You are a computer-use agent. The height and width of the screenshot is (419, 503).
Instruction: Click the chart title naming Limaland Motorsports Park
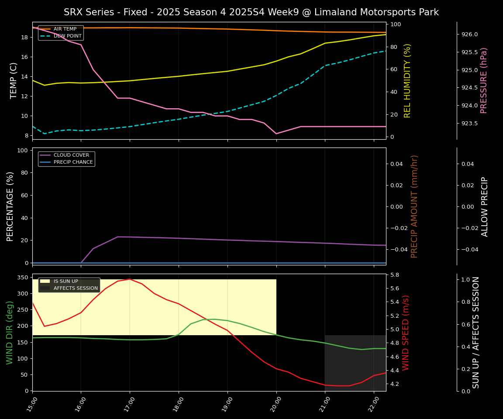(x=251, y=12)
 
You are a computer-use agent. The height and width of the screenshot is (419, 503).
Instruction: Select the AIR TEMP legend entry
(x=65, y=29)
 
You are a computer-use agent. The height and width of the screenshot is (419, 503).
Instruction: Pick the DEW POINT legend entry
(x=65, y=36)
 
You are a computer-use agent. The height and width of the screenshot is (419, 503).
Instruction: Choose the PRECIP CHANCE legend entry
(x=73, y=162)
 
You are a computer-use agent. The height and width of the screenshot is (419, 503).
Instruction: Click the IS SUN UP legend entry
(x=65, y=282)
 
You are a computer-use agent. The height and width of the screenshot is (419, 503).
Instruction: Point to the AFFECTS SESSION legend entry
(x=76, y=288)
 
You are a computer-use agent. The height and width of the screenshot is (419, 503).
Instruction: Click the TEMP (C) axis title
(x=14, y=80)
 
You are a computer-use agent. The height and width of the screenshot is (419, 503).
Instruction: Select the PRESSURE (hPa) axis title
(x=484, y=80)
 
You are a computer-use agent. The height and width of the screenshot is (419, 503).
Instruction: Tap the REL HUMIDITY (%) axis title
(x=407, y=80)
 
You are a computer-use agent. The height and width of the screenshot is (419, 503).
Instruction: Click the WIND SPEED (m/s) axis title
(x=406, y=333)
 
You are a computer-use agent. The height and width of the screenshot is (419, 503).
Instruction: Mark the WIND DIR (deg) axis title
(x=10, y=333)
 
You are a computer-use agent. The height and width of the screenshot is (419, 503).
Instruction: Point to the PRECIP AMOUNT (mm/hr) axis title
(x=414, y=206)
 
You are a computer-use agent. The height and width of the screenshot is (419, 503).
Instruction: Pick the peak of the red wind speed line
(x=130, y=279)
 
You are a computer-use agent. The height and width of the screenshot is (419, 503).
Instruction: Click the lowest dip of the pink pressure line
(x=276, y=134)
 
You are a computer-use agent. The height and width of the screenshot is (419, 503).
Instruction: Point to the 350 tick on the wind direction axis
(x=24, y=278)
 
